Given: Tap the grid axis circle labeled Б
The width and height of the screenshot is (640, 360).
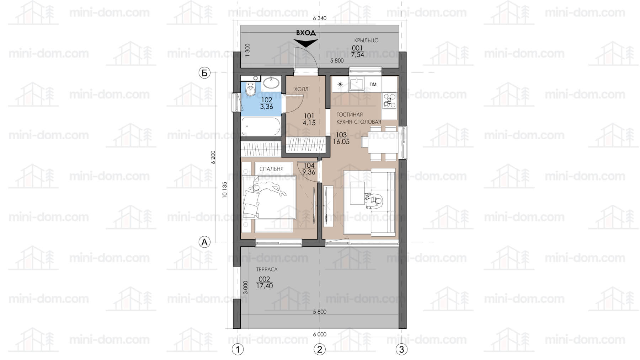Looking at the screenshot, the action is [204, 73].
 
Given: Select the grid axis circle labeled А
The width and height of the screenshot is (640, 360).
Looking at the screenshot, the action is [204, 242].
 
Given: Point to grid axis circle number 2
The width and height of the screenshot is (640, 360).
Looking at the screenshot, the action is [320, 349].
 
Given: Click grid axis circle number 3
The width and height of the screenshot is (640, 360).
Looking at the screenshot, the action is [401, 349].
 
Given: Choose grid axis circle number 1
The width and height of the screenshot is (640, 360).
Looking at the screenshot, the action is [238, 349].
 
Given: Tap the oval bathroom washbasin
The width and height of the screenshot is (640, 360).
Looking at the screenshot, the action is [272, 83].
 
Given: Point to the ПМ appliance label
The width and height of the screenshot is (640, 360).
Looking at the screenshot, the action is [373, 84].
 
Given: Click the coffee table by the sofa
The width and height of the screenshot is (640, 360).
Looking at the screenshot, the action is [357, 193].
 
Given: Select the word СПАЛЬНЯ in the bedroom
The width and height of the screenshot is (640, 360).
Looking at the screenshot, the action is [271, 169].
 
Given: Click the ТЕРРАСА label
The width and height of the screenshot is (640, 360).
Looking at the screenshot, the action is [267, 269].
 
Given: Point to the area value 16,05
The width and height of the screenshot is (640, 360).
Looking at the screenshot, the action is [341, 141].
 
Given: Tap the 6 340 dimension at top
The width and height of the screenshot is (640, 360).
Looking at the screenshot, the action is [320, 18].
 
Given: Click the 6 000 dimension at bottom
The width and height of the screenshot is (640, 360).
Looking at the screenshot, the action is [320, 334].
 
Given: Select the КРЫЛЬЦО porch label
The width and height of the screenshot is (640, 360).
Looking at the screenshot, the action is [366, 41].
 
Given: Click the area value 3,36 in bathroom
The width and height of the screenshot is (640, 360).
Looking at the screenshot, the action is [266, 107].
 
